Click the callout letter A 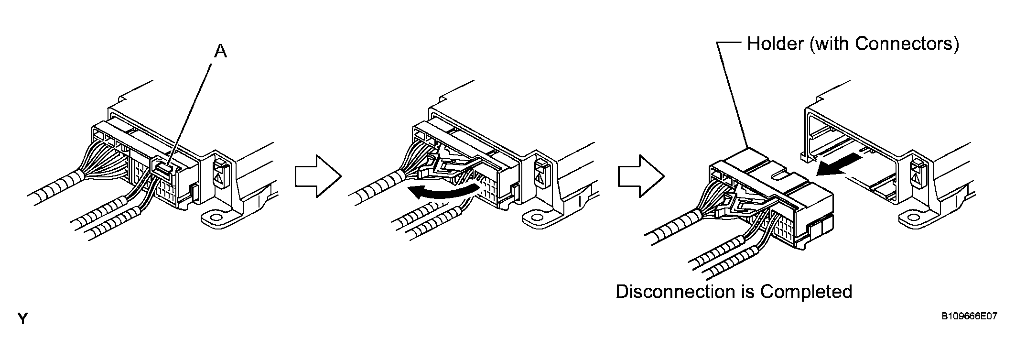tap(220, 51)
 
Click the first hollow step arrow tap(318, 176)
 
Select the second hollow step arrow tap(641, 176)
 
